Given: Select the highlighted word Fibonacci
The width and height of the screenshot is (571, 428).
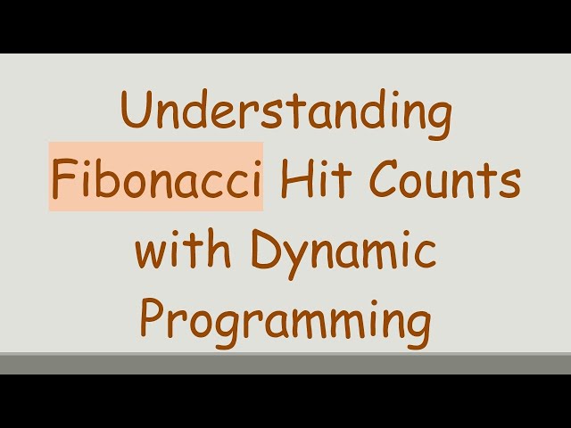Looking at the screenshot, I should pos(156,182).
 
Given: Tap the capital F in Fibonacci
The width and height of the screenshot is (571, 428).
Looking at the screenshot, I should pos(62,182).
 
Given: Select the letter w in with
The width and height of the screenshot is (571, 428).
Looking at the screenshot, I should pos(151,253).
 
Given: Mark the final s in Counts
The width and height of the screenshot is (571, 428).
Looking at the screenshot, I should pos(510,185).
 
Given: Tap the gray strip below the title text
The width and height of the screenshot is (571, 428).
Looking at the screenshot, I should pos(285,364).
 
